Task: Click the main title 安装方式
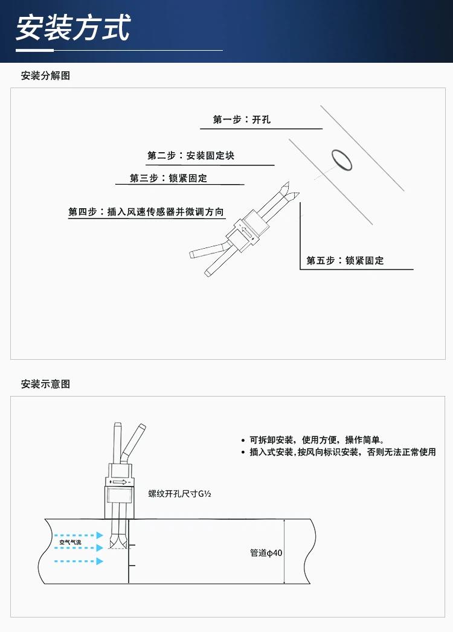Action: (x=72, y=28)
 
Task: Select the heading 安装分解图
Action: (x=45, y=75)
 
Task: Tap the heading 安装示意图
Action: (x=45, y=384)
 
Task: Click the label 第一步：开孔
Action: (x=242, y=120)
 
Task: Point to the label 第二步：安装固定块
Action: (x=191, y=156)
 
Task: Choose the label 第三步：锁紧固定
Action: (x=169, y=178)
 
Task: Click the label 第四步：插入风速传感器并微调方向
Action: (x=146, y=212)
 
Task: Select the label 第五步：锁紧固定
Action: (x=345, y=261)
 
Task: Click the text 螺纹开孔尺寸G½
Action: (x=180, y=493)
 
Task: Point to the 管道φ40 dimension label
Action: (x=266, y=553)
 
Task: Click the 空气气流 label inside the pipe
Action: (x=70, y=542)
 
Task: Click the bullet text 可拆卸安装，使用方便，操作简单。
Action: (x=316, y=439)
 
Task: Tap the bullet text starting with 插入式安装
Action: (x=342, y=452)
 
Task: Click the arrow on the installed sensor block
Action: (x=120, y=482)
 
